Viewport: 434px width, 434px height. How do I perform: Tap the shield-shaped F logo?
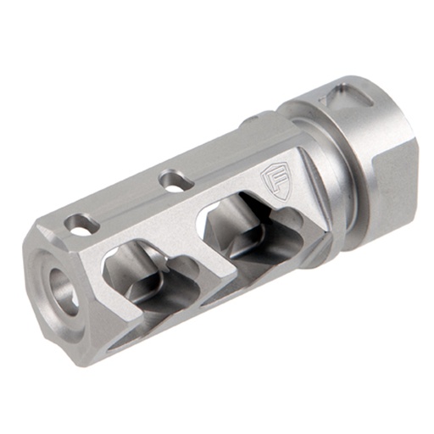point(274,181)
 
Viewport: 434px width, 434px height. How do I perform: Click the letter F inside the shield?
point(274,179)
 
